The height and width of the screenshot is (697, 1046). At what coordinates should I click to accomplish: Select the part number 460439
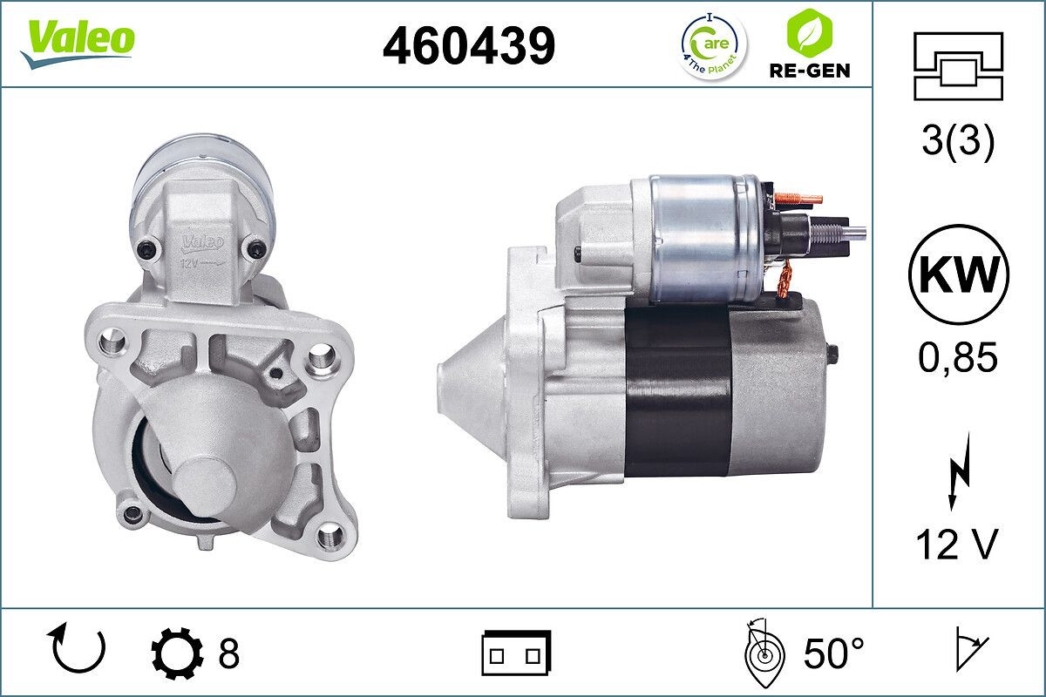[469, 44]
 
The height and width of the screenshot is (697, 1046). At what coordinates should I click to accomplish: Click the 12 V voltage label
[957, 545]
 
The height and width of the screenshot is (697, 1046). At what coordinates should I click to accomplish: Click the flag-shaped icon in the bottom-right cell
[969, 651]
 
